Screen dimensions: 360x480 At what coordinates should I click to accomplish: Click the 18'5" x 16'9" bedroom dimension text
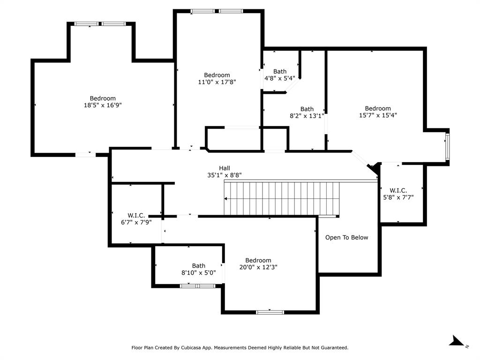tap(103, 105)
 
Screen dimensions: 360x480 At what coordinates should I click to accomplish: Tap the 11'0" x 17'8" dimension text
tap(217, 82)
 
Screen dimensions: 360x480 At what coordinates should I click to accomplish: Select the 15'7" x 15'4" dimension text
tap(378, 115)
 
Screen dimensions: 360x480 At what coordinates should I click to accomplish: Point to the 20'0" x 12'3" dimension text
tap(258, 267)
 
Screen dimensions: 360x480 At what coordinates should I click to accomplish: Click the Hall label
tap(225, 168)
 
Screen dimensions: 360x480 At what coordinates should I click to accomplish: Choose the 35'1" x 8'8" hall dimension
tap(225, 175)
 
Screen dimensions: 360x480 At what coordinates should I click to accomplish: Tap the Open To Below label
tap(347, 238)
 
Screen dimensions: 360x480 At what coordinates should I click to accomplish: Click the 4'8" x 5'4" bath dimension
tap(280, 78)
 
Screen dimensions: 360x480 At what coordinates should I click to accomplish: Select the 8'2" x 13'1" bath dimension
tap(307, 116)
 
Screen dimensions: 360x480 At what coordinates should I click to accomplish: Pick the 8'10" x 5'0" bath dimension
tap(198, 272)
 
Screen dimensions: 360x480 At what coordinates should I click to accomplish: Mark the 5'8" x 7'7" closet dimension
tap(398, 197)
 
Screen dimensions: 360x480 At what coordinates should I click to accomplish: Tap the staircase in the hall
tap(281, 199)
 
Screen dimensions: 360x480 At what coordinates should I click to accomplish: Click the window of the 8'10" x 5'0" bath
tap(197, 285)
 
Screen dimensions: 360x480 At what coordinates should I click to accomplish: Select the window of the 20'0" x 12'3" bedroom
tap(270, 312)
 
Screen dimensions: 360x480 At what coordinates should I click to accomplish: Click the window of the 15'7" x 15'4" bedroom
tap(447, 147)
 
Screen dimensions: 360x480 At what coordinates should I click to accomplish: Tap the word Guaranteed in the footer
tap(332, 348)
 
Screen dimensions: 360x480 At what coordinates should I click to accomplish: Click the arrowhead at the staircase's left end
tap(226, 199)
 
